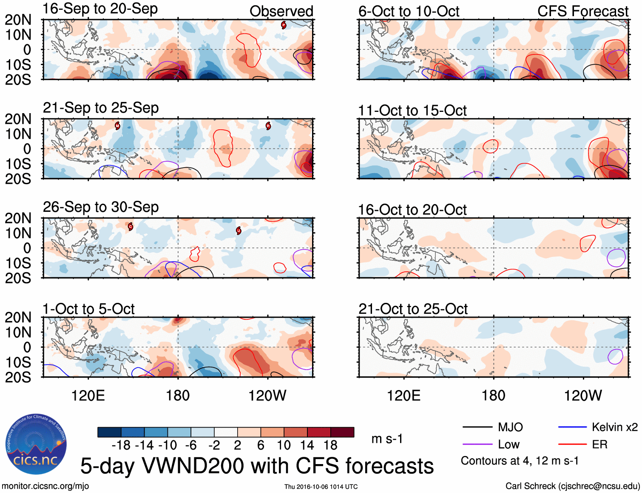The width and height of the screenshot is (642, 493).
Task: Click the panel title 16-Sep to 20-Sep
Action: coord(100,9)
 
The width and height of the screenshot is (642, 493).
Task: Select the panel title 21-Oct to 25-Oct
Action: coord(413,309)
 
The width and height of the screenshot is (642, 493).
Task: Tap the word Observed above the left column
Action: coord(281,11)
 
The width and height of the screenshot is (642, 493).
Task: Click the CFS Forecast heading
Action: coord(582,11)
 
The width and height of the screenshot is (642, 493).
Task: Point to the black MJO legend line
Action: coord(477,427)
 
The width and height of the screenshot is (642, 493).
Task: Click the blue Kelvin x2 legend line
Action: coord(572,427)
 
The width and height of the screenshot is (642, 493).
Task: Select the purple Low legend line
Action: coord(477,445)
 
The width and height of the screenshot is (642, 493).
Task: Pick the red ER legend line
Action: coord(572,445)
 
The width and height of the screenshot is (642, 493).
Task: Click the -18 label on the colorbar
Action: coord(121,445)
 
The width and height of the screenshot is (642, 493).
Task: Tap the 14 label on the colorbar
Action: coord(307,445)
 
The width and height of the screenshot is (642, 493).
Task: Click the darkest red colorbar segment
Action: coord(342,432)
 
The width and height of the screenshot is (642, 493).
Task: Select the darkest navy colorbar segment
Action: coord(109,432)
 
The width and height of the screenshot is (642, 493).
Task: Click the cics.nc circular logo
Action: coord(36,445)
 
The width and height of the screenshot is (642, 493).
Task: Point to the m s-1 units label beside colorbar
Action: coord(387,439)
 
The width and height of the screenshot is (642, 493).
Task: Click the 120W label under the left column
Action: coord(267,396)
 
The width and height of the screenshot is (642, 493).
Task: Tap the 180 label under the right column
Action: coord(493,396)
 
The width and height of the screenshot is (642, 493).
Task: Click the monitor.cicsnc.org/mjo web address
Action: coord(45,486)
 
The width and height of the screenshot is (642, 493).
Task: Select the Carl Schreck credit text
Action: coord(572,486)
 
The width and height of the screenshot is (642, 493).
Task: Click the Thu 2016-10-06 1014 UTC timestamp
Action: coord(321,487)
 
